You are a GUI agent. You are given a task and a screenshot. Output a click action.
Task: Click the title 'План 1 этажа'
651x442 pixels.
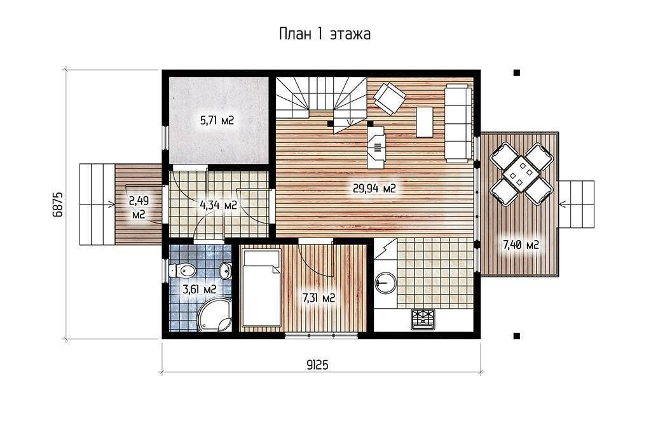coord(325,34)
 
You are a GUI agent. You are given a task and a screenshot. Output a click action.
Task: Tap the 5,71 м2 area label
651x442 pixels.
coord(217,121)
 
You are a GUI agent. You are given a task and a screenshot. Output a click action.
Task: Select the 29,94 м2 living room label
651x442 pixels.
coord(374,189)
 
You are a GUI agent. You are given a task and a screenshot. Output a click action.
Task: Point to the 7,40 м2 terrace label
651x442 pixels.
coord(521,245)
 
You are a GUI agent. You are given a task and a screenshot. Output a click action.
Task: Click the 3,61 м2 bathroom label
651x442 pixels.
coord(199,289)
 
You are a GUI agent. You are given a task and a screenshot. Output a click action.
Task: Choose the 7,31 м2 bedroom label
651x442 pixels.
coord(319,298)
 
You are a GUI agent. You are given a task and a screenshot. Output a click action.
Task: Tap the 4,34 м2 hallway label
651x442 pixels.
coord(219,205)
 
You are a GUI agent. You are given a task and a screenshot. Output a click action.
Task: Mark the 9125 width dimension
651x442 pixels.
coord(318,365)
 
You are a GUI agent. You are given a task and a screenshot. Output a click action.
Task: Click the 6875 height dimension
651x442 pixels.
coord(58,204)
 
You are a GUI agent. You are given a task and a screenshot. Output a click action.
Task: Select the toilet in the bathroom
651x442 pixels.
coord(182,271)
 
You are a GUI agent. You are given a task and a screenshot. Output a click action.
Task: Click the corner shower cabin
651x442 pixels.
coord(215,315)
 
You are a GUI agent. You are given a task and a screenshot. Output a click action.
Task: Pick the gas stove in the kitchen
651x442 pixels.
coord(423,319)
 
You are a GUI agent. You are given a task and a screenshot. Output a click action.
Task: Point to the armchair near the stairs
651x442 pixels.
coord(390,98)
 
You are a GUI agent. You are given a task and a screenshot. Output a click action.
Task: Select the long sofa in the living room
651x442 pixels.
coord(459,123)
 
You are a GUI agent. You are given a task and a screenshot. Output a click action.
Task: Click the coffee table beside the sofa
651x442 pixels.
coord(424,122)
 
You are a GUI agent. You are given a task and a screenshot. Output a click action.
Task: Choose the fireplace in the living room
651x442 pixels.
coord(376,147)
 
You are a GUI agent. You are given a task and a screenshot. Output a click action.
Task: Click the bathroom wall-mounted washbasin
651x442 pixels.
coord(226,271)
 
